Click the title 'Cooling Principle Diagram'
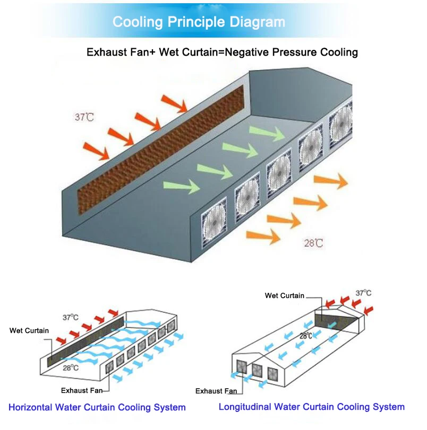(199, 22)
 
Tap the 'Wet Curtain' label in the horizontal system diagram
(29, 330)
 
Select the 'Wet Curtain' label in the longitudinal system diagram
(285, 295)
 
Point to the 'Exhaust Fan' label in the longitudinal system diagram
(216, 391)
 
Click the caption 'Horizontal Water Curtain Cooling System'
(97, 408)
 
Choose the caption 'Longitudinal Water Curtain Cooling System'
(312, 407)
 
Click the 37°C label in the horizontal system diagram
(70, 318)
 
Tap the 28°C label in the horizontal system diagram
(70, 367)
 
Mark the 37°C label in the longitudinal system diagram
(364, 293)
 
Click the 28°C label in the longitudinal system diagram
(305, 336)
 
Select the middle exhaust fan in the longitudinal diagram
(257, 370)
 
